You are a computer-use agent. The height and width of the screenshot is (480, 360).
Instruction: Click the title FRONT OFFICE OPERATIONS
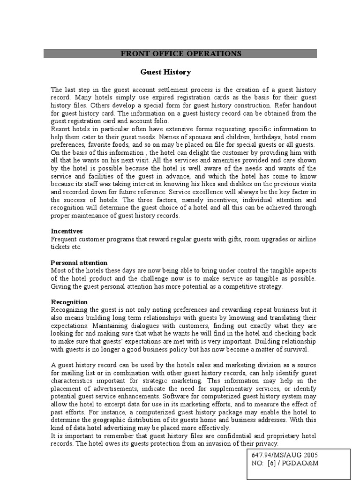tap(180, 53)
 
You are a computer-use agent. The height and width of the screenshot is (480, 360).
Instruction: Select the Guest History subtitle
tap(165, 72)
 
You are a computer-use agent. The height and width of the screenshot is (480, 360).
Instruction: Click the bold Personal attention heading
tap(79, 262)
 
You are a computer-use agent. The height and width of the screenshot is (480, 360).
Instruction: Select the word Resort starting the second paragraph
tap(60, 129)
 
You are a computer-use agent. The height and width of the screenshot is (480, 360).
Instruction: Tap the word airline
tap(305, 239)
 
